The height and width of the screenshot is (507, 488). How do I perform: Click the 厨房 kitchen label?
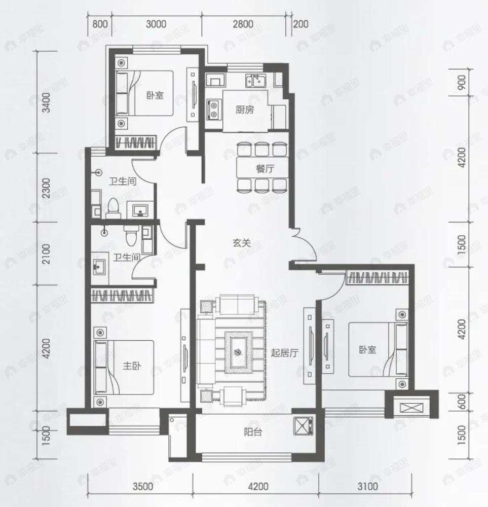pos(245,110)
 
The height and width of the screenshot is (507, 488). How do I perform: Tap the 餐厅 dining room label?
pos(265,169)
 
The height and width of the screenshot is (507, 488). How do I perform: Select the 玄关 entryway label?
pos(241,243)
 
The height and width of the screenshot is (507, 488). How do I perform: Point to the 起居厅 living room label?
pos(284,353)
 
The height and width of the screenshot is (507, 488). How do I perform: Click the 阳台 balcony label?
pos(253,432)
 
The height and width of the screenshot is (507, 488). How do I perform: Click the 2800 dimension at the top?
pos(243,24)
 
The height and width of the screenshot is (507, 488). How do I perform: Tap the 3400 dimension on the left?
pos(47,102)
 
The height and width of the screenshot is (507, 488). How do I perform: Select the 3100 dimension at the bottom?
pos(368,486)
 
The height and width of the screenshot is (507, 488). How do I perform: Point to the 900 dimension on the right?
pos(462,83)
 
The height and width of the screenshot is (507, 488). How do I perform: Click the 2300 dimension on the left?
pos(47,188)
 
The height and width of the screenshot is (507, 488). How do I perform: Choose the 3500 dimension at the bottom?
pos(142,486)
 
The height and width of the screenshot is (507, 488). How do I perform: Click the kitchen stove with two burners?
pos(214,110)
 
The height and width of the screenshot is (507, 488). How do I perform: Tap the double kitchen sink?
pos(255,81)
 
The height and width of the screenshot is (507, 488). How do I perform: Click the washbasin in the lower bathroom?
pos(99,267)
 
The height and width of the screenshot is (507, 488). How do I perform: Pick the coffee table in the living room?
pos(238,352)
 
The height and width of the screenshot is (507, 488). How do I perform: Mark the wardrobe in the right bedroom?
pos(377,278)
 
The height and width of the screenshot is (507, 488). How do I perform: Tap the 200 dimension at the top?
pos(301,24)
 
